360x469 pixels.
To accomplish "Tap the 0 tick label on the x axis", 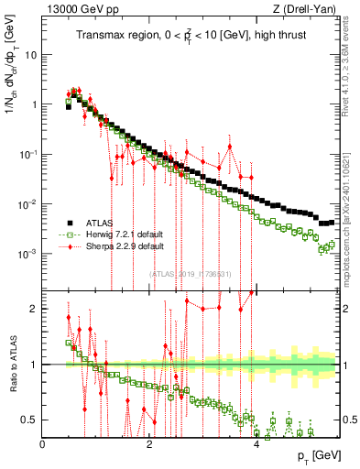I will tap(42, 443).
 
